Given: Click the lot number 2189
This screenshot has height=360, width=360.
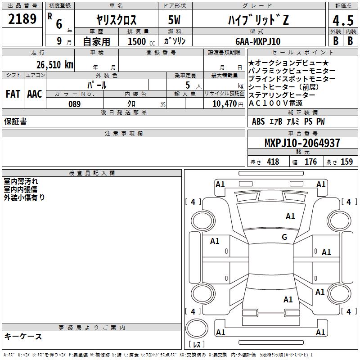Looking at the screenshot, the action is [22, 19].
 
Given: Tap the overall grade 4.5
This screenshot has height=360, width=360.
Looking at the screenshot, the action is [343, 20].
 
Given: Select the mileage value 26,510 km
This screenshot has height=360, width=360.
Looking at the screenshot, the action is [55, 65].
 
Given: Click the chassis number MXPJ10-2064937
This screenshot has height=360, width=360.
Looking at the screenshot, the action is [302, 143].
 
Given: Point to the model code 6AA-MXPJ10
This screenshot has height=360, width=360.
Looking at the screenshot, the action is [258, 41].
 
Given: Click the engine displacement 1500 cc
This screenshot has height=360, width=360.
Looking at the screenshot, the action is [141, 41].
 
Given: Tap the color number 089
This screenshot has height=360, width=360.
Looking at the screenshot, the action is [74, 104].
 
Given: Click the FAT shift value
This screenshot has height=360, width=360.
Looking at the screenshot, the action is [13, 94].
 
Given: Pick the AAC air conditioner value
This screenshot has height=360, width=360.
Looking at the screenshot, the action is [35, 94].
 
